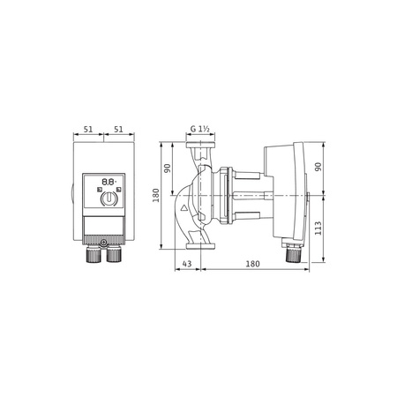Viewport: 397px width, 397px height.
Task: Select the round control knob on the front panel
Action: click(108, 198)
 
